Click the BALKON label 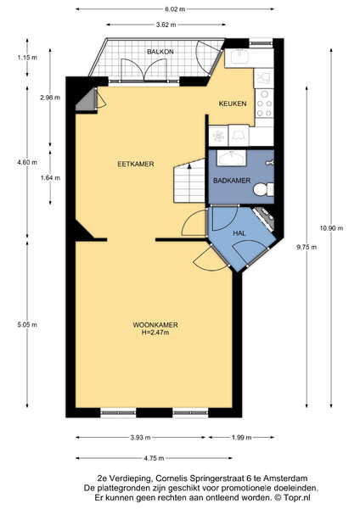[160, 52]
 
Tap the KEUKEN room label [233, 103]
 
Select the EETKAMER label [136, 164]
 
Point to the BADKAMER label [232, 181]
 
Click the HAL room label [239, 233]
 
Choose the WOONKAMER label [155, 325]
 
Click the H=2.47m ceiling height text [155, 332]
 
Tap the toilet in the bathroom [263, 189]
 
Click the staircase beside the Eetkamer [189, 181]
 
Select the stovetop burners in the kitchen [264, 103]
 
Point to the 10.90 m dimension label [331, 228]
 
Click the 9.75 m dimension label [307, 248]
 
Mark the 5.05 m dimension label [27, 324]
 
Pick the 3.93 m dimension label [140, 437]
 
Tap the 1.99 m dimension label [241, 437]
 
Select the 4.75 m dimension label [154, 458]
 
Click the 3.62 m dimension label [166, 25]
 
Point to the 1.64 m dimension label [50, 178]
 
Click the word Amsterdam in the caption [285, 478]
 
